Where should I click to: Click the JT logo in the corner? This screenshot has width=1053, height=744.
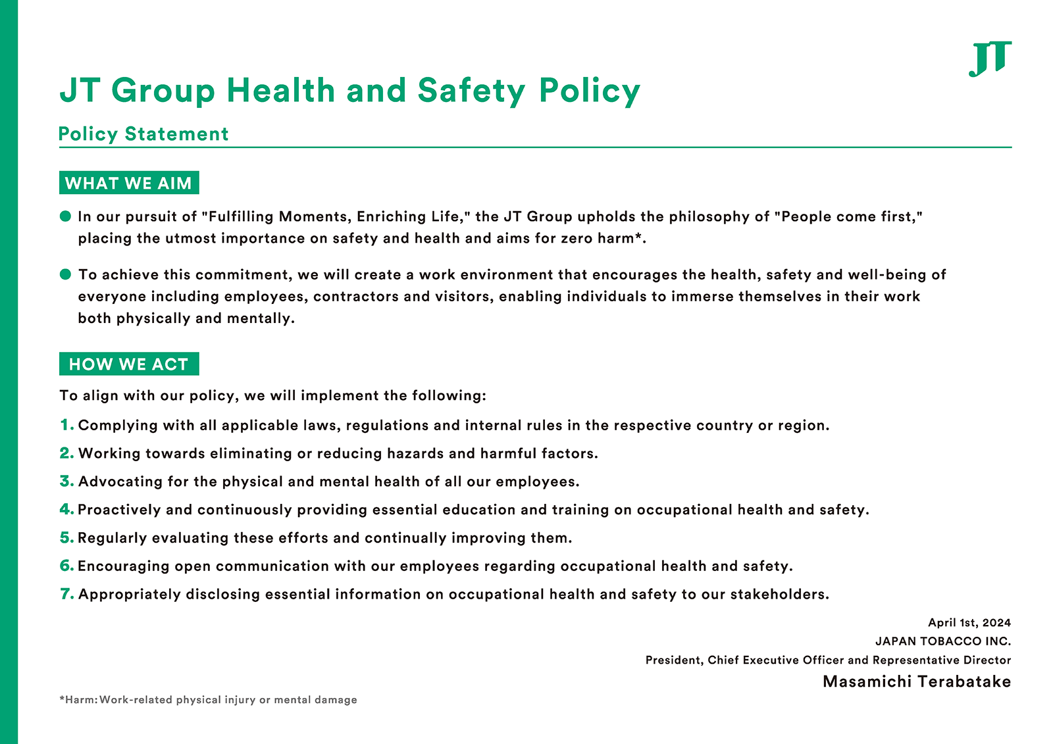pyautogui.click(x=990, y=59)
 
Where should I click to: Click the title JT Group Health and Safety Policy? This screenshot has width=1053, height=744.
pyautogui.click(x=349, y=90)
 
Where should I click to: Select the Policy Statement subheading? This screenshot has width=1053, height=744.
pyautogui.click(x=143, y=134)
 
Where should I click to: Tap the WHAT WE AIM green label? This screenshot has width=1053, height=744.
pyautogui.click(x=129, y=183)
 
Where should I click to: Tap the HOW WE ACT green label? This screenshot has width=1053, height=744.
pyautogui.click(x=129, y=364)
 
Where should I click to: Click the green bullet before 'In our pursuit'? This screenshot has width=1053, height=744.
pyautogui.click(x=65, y=216)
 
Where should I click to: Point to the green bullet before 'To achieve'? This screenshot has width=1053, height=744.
pyautogui.click(x=65, y=274)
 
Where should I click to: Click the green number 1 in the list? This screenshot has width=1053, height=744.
pyautogui.click(x=66, y=425)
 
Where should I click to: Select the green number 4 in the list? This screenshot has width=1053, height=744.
pyautogui.click(x=66, y=509)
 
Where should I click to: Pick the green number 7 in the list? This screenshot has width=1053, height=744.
pyautogui.click(x=66, y=594)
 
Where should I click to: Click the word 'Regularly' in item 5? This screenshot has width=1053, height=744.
pyautogui.click(x=112, y=538)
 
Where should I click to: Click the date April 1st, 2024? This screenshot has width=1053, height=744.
pyautogui.click(x=969, y=622)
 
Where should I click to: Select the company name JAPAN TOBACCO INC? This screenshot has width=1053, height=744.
pyautogui.click(x=943, y=641)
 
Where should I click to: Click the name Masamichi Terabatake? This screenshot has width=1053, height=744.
pyautogui.click(x=917, y=682)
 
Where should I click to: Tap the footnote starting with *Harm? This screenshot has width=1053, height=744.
pyautogui.click(x=208, y=699)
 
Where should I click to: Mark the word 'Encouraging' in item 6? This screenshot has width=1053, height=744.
pyautogui.click(x=120, y=566)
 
